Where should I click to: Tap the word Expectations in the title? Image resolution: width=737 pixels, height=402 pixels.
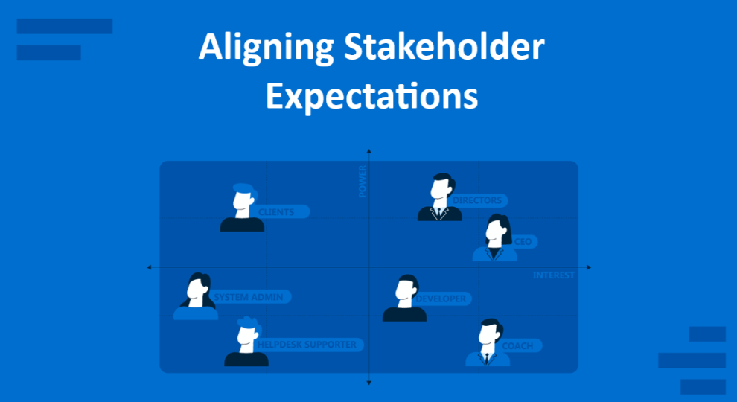pyautogui.click(x=371, y=96)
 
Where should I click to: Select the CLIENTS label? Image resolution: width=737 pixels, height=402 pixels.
pyautogui.click(x=276, y=212)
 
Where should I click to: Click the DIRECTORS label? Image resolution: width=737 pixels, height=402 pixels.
pyautogui.click(x=477, y=200)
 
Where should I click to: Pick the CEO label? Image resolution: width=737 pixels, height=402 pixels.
pyautogui.click(x=523, y=242)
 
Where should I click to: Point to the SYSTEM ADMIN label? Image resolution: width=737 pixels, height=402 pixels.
pyautogui.click(x=249, y=297)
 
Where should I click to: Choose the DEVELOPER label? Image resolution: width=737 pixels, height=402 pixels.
pyautogui.click(x=441, y=299)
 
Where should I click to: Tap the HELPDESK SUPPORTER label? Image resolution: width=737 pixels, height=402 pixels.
pyautogui.click(x=307, y=345)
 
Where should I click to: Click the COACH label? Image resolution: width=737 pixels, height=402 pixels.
pyautogui.click(x=517, y=346)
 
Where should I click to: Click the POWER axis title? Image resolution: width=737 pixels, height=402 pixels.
pyautogui.click(x=363, y=182)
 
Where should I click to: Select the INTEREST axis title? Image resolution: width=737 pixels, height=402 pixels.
pyautogui.click(x=554, y=275)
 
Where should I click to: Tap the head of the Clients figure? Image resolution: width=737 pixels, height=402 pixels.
pyautogui.click(x=244, y=197)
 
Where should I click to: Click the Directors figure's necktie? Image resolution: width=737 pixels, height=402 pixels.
pyautogui.click(x=439, y=214)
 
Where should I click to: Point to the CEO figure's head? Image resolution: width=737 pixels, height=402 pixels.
pyautogui.click(x=497, y=229)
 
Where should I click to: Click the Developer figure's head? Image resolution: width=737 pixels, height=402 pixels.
pyautogui.click(x=406, y=288)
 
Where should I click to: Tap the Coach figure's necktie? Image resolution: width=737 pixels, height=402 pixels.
pyautogui.click(x=487, y=358)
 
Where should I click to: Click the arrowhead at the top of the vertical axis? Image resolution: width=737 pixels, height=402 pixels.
pyautogui.click(x=369, y=151)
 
